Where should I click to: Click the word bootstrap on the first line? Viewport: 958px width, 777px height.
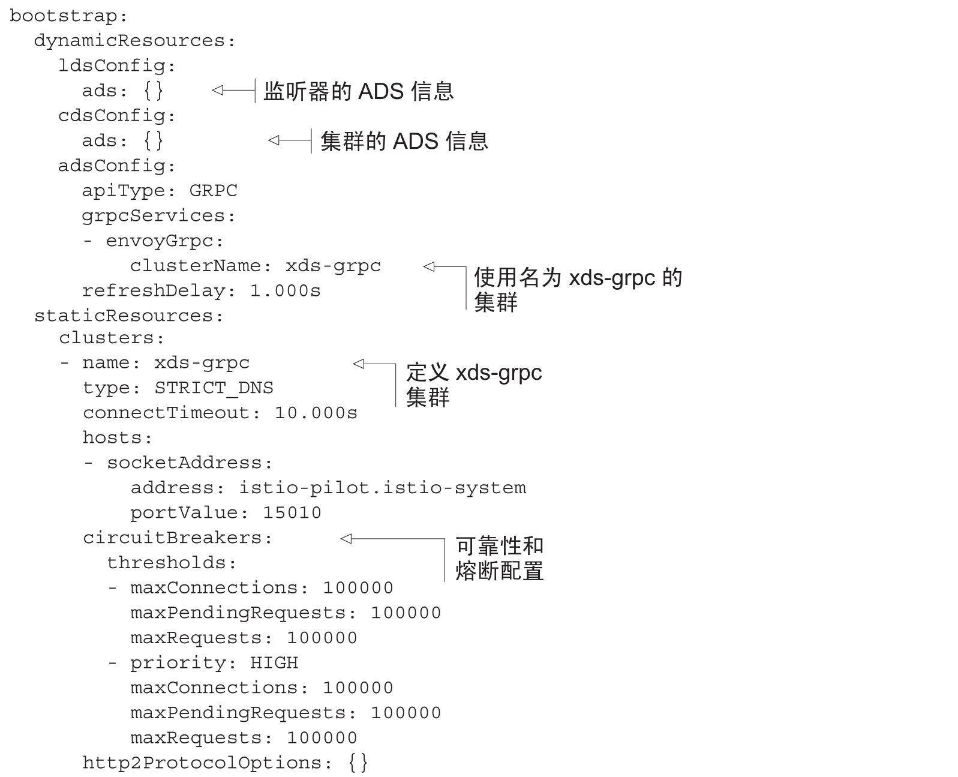63,16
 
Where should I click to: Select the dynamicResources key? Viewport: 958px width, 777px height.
129,41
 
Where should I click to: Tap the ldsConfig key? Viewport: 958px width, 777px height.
112,66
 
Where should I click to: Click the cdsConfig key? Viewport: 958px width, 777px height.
112,116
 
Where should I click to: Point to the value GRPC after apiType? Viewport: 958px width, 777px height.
213,191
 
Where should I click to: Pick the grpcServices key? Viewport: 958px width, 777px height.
153,217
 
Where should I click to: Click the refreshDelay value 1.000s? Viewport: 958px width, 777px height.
285,290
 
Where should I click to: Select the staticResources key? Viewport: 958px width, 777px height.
123,316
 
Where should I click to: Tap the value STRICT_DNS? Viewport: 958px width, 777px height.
214,388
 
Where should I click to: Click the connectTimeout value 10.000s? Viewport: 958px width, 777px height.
316,413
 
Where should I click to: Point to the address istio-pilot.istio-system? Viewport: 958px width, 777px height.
382,488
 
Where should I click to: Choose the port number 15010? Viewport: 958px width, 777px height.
292,513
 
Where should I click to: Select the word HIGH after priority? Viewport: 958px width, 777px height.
274,663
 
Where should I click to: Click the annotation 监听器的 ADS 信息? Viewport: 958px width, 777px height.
359,91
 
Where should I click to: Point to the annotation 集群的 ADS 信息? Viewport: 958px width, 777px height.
404,141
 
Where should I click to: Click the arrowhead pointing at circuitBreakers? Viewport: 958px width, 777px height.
346,539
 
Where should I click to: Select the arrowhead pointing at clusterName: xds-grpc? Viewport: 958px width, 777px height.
429,266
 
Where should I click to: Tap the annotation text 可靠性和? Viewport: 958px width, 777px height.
500,546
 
